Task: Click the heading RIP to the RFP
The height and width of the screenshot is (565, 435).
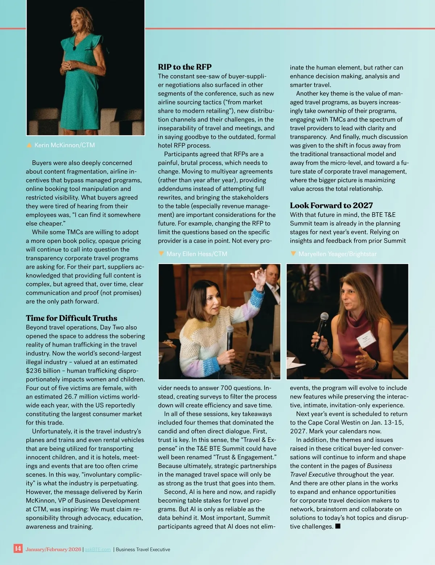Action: click(x=185, y=67)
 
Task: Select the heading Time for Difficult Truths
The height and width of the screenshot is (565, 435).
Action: click(x=71, y=318)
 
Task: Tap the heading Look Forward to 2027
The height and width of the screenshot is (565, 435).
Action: click(x=331, y=205)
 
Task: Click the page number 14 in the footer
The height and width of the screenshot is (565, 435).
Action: click(x=18, y=548)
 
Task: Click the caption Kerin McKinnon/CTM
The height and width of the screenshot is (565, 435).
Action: click(x=65, y=145)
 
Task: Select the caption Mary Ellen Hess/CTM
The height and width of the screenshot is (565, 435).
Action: click(x=196, y=254)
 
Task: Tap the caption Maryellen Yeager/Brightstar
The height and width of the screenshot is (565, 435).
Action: click(x=337, y=254)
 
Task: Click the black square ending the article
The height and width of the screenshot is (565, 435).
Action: click(x=338, y=526)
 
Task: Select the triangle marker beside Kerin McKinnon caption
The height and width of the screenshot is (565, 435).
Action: click(x=29, y=145)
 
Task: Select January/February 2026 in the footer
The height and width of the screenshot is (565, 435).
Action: click(x=53, y=549)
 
